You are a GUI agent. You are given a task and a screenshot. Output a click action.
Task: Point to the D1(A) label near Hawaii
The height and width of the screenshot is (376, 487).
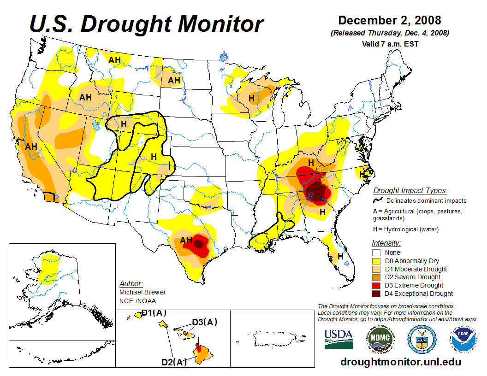pyautogui.click(x=154, y=312)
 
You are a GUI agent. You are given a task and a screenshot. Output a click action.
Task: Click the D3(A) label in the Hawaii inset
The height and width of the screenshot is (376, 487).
pyautogui.click(x=204, y=322)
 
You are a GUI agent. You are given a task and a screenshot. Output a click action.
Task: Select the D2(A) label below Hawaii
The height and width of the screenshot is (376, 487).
pyautogui.click(x=174, y=362)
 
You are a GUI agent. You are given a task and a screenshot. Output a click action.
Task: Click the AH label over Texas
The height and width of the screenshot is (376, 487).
pyautogui.click(x=186, y=240)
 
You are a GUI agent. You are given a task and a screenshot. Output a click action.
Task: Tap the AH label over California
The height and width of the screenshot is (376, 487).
pyautogui.click(x=31, y=147)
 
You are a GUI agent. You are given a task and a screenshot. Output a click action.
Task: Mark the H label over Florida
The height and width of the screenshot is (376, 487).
pyautogui.click(x=340, y=256)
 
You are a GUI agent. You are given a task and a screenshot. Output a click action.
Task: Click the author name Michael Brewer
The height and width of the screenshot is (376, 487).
pyautogui.click(x=143, y=292)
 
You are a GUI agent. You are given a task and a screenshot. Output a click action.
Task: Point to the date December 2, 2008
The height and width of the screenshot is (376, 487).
pyautogui.click(x=390, y=20)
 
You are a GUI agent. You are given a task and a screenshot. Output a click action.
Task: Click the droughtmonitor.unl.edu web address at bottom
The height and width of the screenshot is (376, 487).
pyautogui.click(x=400, y=361)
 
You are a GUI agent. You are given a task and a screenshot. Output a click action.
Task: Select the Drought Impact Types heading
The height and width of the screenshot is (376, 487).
pyautogui.click(x=410, y=190)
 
